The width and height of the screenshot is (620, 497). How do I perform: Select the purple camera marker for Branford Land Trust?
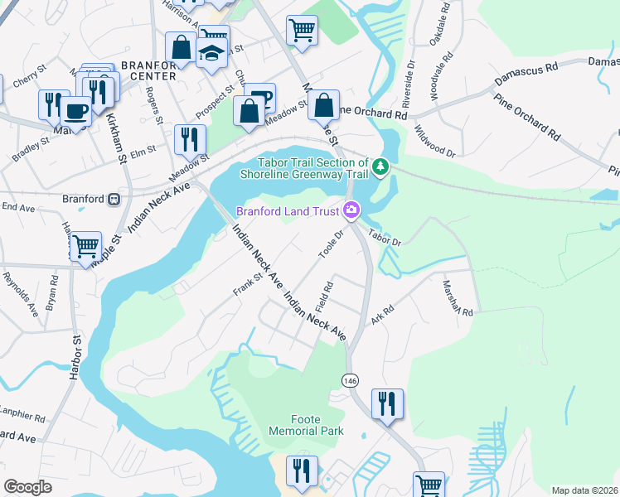coord(351,211)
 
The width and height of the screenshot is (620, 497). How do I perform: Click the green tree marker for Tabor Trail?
coord(380,167)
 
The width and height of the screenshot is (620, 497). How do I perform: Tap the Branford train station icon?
coord(114,199)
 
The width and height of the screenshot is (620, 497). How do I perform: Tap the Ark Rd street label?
coord(380,317)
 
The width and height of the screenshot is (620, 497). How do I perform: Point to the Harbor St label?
coord(74,362)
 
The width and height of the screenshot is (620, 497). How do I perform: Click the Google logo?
coord(28,487)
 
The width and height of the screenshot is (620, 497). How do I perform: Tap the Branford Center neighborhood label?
coord(148,70)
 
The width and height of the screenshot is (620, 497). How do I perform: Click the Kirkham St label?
coord(115,137)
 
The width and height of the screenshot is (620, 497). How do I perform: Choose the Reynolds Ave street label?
coord(20,295)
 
